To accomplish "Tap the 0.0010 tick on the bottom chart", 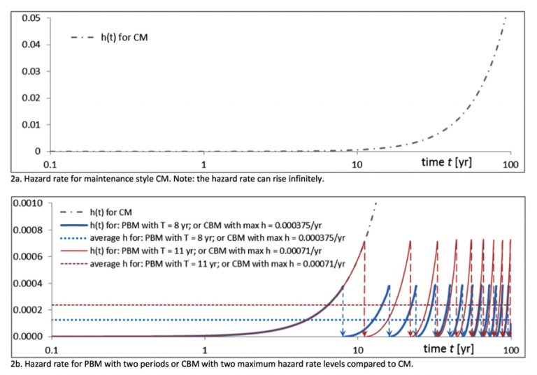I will [x=24, y=203].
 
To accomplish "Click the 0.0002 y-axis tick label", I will [x=24, y=309].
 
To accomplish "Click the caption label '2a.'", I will [x=17, y=179].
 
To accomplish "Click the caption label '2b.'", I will [x=17, y=364].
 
